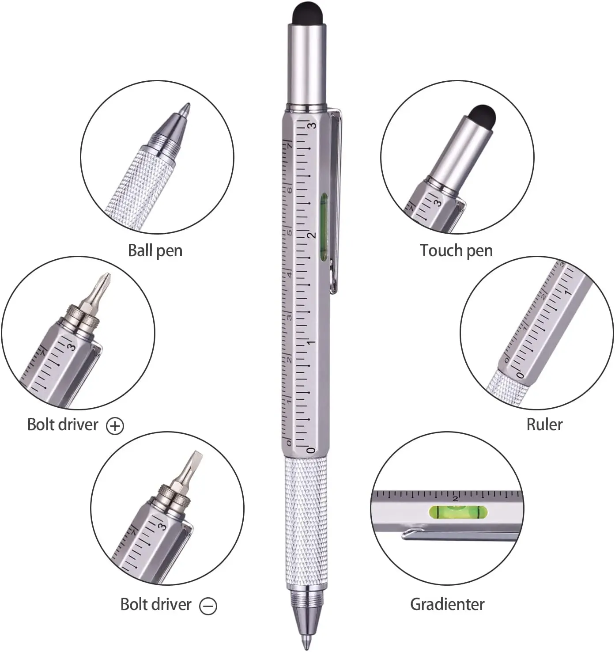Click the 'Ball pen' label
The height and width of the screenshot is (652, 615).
tap(155, 250)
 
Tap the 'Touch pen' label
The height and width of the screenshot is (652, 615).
tap(456, 250)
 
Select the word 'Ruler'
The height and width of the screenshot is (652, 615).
tap(544, 425)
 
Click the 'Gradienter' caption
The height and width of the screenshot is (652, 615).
tap(447, 604)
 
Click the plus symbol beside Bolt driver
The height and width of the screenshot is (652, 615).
tap(115, 426)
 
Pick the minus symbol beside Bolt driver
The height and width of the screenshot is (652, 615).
tap(208, 606)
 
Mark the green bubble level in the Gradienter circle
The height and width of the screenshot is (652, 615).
tap(458, 512)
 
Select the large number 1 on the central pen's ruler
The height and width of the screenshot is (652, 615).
tap(312, 343)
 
